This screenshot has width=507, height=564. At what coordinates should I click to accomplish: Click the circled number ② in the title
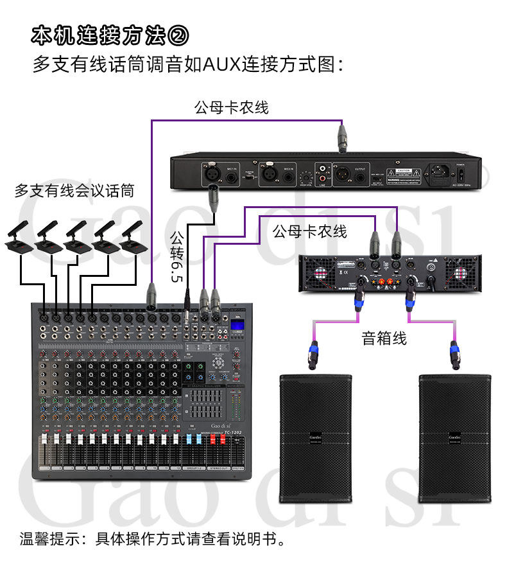click(x=178, y=36)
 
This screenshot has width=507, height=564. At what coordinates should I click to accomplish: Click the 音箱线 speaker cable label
click(x=384, y=338)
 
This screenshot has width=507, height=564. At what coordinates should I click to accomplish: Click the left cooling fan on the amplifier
click(x=320, y=273)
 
